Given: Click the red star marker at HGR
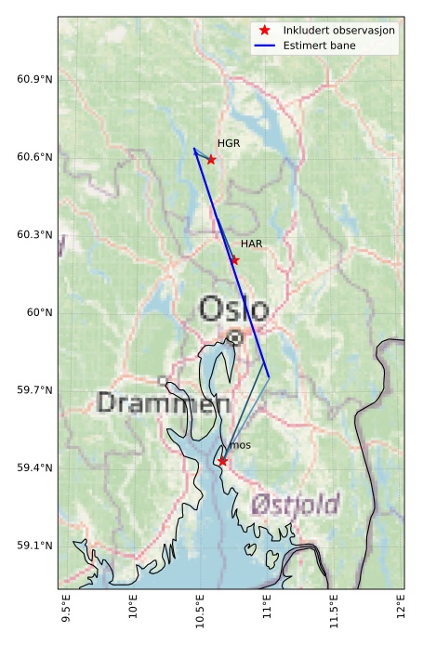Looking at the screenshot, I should click(211, 159).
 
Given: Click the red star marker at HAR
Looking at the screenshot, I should click(234, 259).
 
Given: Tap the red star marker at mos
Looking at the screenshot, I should click(222, 461).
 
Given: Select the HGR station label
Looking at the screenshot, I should click(229, 144).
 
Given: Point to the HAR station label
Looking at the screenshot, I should click(251, 244).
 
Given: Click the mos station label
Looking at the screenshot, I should click(240, 446).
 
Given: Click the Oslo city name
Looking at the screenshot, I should click(233, 309).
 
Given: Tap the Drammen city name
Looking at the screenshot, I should click(164, 403).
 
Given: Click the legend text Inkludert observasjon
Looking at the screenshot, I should click(339, 31).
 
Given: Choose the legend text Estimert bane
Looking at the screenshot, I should click(322, 46).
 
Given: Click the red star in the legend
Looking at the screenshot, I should click(265, 31).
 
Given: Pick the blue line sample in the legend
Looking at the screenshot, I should click(265, 46).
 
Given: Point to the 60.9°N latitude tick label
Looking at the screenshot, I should click(34, 79).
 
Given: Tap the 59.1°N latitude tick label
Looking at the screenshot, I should click(34, 546).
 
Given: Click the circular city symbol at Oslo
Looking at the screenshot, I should click(236, 337).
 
